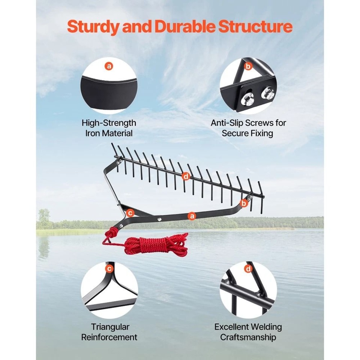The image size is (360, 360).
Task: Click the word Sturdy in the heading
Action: (x=94, y=27)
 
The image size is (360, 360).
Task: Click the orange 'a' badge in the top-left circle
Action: (x=109, y=66)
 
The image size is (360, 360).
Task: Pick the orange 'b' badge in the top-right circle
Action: (x=248, y=66)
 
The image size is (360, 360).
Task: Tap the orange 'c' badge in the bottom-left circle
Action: (x=109, y=269)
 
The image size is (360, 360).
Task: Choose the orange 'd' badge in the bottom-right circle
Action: (x=248, y=269)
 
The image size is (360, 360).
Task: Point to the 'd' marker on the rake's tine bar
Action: (x=185, y=176)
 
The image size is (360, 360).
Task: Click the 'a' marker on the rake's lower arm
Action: (x=192, y=216)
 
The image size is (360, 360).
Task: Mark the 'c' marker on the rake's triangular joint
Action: (x=130, y=213)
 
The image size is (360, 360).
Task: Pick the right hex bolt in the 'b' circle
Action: (x=268, y=93)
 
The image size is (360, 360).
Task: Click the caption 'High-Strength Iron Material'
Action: (x=109, y=128)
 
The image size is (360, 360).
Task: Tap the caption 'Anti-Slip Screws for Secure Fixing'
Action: (x=248, y=128)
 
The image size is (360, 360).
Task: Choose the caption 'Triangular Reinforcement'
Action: (x=109, y=332)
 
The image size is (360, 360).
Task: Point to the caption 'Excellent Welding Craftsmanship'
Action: (x=248, y=332)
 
